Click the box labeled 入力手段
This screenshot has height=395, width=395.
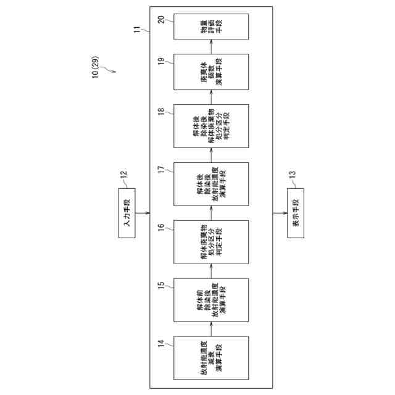[x=128, y=214]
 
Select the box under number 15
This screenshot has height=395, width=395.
[x=211, y=300]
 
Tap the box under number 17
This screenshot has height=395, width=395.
[x=211, y=183]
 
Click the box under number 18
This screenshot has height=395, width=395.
[x=211, y=126]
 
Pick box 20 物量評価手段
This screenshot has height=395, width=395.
[x=211, y=27]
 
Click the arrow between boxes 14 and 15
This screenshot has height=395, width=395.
[x=211, y=330]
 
